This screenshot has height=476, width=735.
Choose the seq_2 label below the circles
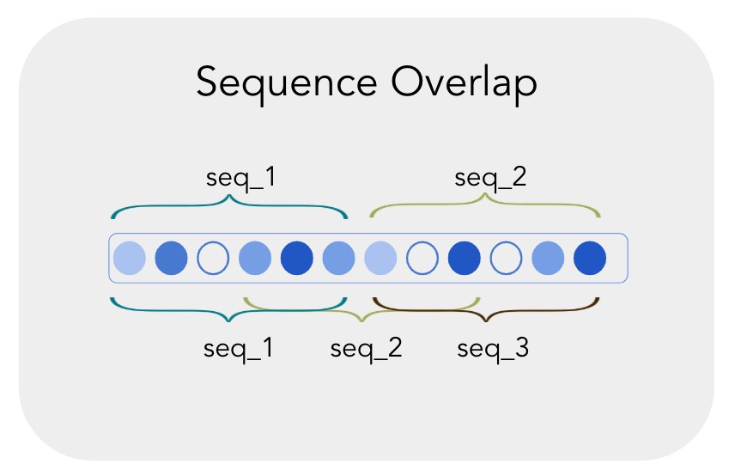pyautogui.click(x=367, y=349)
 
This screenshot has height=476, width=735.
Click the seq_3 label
pyautogui.click(x=493, y=349)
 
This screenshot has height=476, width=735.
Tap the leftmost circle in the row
pyautogui.click(x=130, y=257)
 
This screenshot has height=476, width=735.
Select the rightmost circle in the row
pyautogui.click(x=590, y=257)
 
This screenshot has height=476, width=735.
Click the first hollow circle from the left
pyautogui.click(x=213, y=257)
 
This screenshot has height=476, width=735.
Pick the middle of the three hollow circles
pyautogui.click(x=422, y=257)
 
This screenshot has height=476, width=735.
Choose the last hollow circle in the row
pyautogui.click(x=506, y=257)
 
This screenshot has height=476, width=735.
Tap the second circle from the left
pyautogui.click(x=172, y=257)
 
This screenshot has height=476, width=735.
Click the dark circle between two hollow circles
pyautogui.click(x=464, y=257)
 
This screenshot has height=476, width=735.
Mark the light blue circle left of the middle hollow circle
pyautogui.click(x=380, y=257)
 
